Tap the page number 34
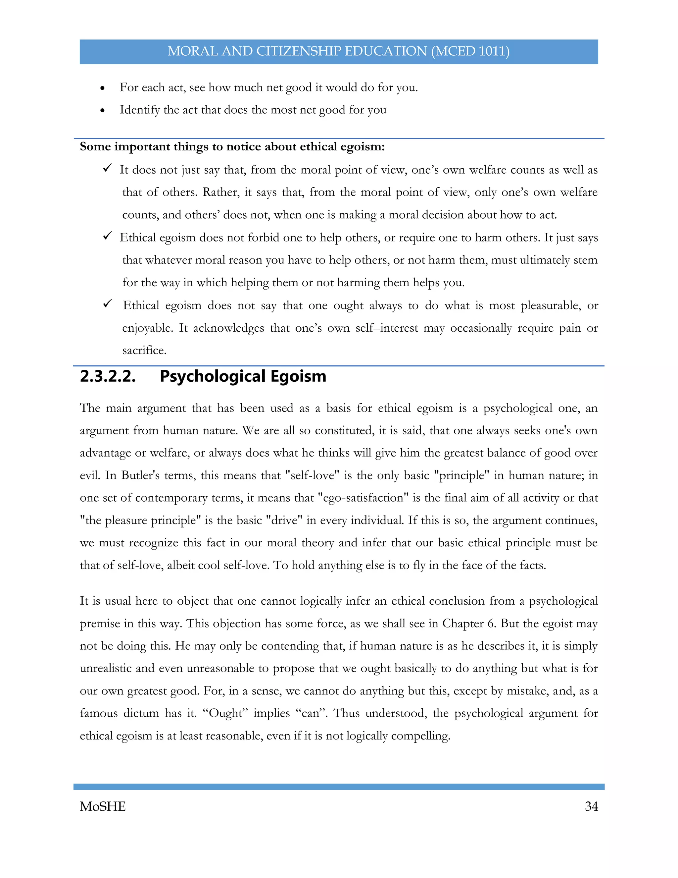(x=591, y=806)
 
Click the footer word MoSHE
(x=103, y=806)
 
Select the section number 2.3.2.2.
(x=108, y=376)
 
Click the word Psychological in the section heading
(x=213, y=376)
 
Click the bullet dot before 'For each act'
(x=103, y=88)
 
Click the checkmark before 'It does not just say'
(x=107, y=168)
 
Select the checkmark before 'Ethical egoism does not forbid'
(x=107, y=236)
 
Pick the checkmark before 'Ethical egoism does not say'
(x=107, y=303)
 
